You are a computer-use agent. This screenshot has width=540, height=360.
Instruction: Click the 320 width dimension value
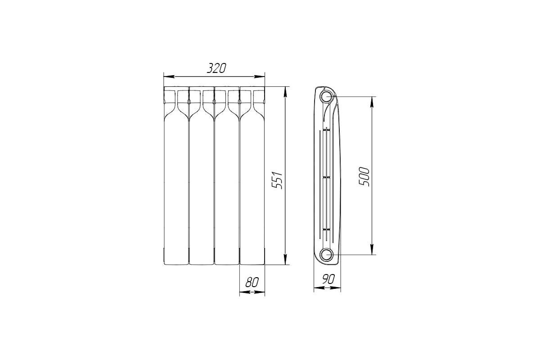pos(216,68)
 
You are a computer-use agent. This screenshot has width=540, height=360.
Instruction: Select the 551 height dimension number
pos(277,180)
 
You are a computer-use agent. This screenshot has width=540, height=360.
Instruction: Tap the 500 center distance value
pos(364,176)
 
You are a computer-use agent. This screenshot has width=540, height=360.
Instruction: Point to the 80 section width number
pos(252,282)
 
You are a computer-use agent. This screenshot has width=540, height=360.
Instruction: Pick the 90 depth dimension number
pos(328,279)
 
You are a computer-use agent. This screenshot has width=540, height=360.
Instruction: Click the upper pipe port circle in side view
pos(326,97)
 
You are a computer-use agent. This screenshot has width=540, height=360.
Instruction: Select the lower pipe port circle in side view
pos(326,255)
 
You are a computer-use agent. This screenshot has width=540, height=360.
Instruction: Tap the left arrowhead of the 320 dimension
pos(169,76)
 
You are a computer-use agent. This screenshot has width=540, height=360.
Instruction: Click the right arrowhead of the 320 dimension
pos(259,76)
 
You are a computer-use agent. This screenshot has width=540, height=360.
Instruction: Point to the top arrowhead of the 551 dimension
pos(285,92)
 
